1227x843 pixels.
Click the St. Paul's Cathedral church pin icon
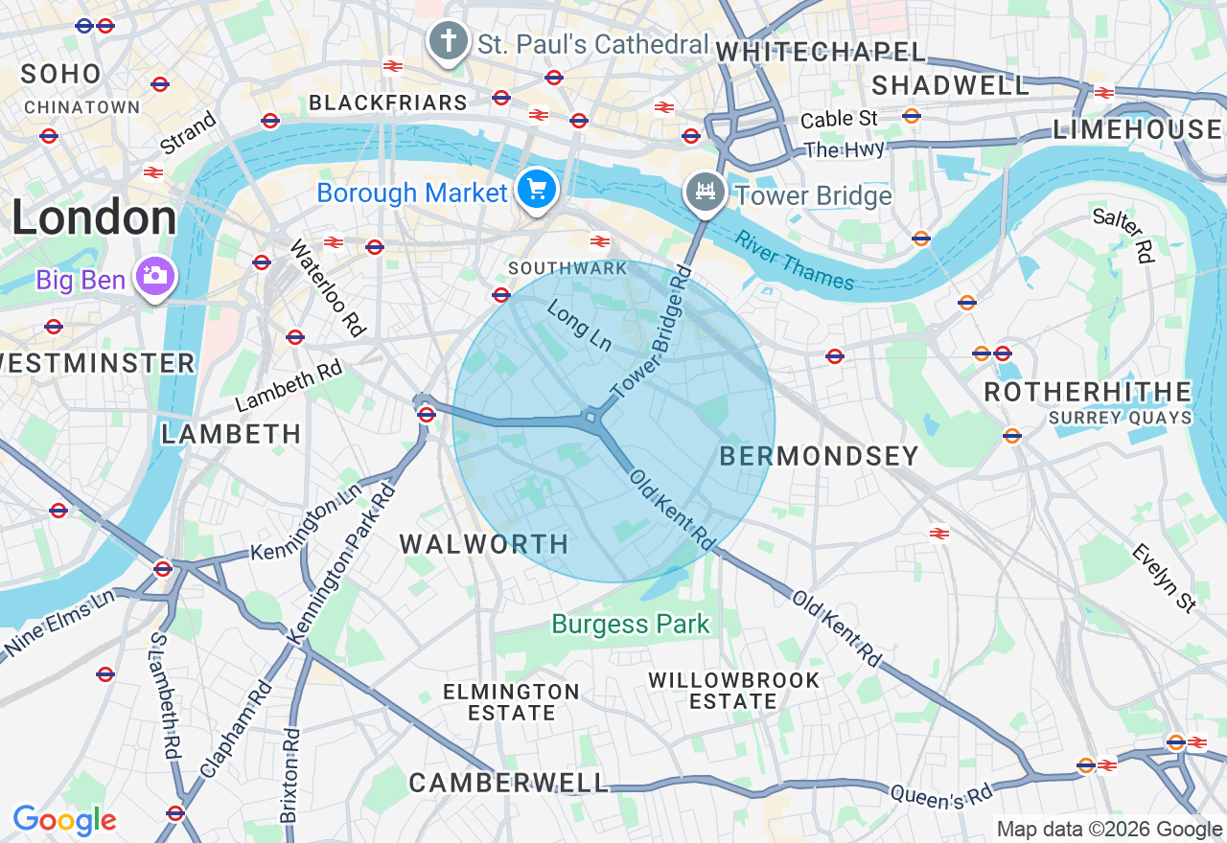448,41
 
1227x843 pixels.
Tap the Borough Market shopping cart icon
537,190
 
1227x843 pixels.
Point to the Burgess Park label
631,625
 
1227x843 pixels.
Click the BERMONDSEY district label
819,456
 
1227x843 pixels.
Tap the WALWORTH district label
484,544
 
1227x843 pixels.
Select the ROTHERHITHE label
1088,392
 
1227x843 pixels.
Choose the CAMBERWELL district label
508,783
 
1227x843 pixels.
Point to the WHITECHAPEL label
821,52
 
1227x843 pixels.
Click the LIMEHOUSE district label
1137,129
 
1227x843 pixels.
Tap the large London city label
94,218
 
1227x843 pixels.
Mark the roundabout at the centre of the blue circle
592,418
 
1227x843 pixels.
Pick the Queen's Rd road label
941,794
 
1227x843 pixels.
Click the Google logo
64,820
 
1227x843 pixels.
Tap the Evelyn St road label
1164,578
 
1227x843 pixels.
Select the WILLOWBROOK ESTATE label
733,691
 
